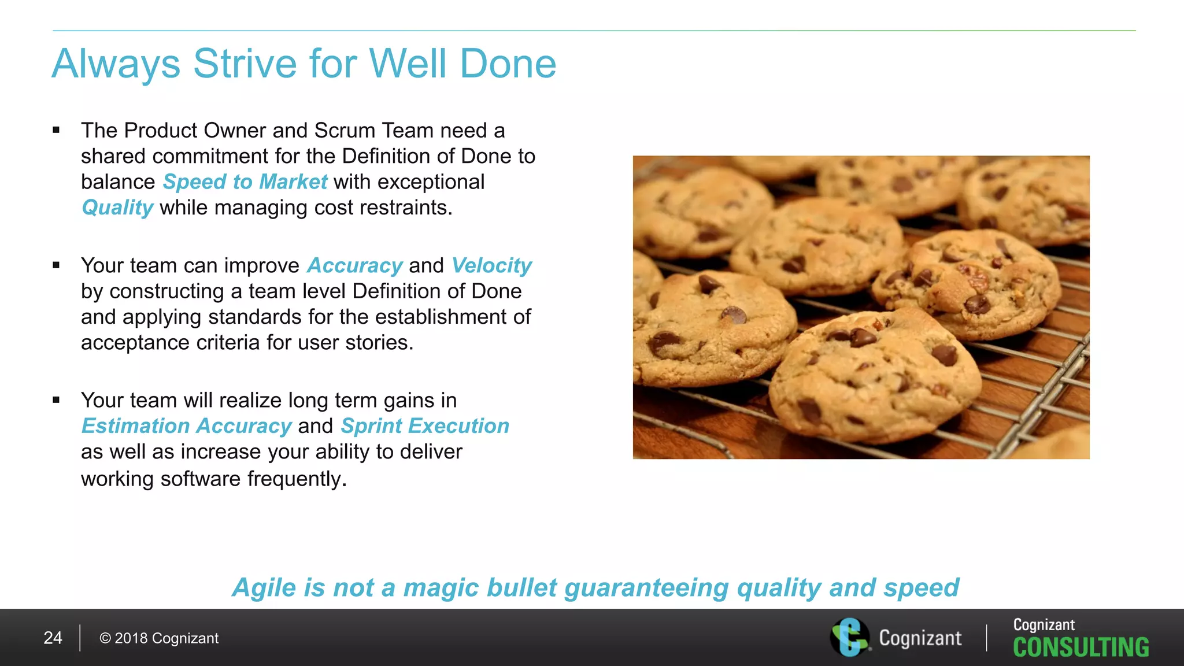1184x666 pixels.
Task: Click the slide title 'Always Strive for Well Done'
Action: coord(304,64)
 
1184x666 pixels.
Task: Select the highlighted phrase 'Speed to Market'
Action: coord(245,182)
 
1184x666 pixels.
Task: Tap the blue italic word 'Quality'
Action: coord(117,208)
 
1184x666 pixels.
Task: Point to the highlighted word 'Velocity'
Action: coord(491,265)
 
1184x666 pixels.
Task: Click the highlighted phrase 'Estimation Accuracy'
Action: coord(186,426)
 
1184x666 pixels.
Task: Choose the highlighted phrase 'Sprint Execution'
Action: coord(425,426)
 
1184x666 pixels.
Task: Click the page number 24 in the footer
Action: coord(53,638)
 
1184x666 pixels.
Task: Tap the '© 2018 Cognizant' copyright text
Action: coord(159,638)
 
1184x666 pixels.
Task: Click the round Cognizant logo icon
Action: coord(849,637)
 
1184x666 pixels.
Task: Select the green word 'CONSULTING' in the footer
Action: coord(1081,647)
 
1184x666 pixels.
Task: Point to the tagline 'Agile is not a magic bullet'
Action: coord(595,587)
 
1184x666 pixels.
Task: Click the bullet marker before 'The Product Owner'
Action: coord(56,131)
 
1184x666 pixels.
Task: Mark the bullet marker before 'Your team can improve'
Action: coord(56,265)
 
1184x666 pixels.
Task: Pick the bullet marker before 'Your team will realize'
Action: coord(56,400)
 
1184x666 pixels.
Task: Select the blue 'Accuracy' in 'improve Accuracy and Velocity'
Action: coord(354,265)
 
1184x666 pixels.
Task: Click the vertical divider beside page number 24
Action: coord(80,638)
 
